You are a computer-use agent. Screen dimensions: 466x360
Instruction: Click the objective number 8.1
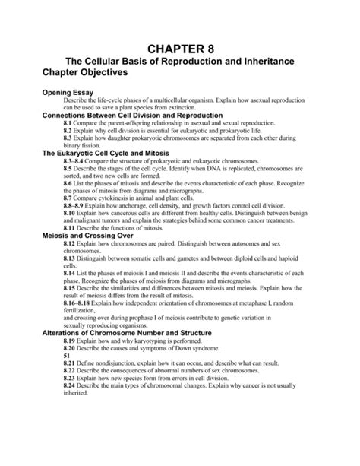pyautogui.click(x=68, y=123)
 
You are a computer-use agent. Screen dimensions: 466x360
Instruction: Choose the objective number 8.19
pyautogui.click(x=70, y=342)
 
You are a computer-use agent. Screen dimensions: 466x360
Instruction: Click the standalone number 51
pyautogui.click(x=67, y=357)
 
